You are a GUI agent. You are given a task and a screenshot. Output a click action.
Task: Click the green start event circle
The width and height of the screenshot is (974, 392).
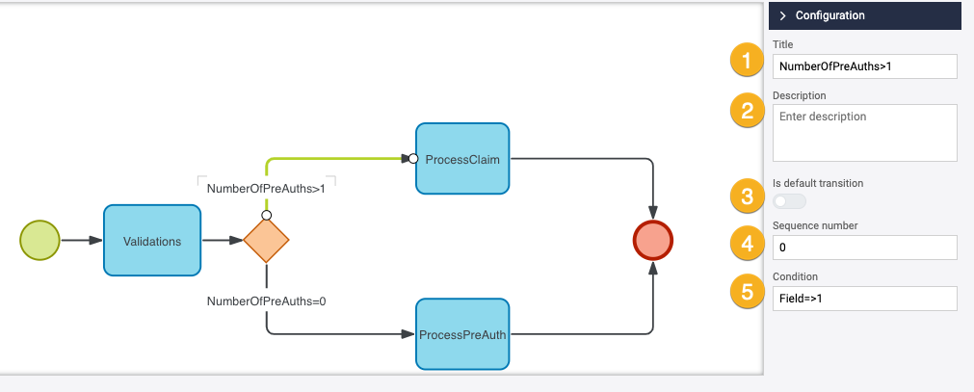(39, 241)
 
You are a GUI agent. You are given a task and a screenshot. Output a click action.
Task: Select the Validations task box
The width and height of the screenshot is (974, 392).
(152, 241)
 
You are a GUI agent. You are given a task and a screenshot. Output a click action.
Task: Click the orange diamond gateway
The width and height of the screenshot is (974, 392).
(266, 241)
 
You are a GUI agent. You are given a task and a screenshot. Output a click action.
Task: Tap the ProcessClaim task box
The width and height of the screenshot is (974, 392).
(461, 160)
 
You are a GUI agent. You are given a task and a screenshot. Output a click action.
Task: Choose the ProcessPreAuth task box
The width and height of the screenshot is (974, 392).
(461, 334)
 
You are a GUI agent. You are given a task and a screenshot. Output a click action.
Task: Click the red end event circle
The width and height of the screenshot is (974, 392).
(653, 241)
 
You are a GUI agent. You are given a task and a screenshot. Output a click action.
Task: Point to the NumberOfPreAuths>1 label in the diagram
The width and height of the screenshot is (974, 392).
(266, 189)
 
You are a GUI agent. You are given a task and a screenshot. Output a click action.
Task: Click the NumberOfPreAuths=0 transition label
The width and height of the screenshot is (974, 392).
(266, 301)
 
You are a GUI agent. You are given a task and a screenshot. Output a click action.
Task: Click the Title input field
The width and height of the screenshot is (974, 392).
(864, 65)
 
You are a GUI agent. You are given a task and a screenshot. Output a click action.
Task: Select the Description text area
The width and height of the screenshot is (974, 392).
(864, 132)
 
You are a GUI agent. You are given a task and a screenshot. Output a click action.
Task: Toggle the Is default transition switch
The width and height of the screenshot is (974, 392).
(789, 201)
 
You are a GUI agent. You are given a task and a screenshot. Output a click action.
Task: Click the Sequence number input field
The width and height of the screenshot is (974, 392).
(864, 248)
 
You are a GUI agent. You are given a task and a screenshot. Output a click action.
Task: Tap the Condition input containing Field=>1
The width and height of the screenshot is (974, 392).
(864, 299)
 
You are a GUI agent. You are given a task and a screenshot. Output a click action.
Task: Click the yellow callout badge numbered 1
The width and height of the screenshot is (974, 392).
(745, 61)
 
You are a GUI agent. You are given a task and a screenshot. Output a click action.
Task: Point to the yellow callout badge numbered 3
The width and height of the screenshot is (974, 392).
(745, 197)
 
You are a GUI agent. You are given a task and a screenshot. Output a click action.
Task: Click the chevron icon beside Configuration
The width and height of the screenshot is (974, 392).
(783, 15)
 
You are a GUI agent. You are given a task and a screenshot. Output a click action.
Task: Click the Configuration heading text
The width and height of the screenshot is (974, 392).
(829, 15)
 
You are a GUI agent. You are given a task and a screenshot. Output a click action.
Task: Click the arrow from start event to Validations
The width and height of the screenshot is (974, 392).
(81, 241)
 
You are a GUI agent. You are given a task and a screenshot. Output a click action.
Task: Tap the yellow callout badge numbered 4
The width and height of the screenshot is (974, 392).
(745, 244)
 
